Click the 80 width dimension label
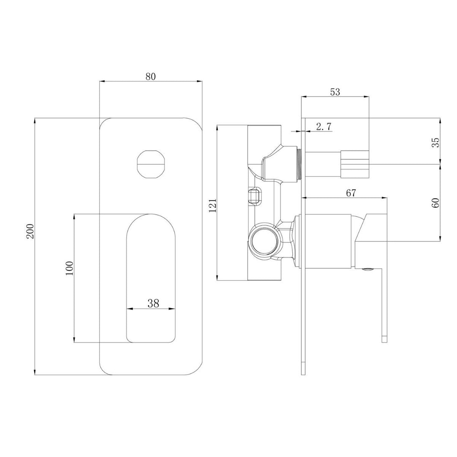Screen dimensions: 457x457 (x=151, y=77)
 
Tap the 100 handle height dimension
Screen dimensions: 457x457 (x=70, y=268)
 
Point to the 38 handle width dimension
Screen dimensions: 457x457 (x=153, y=303)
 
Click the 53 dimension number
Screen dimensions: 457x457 (x=335, y=92)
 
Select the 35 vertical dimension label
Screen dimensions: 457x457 (x=436, y=142)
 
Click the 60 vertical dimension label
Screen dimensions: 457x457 (x=436, y=202)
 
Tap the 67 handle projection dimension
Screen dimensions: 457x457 (x=351, y=193)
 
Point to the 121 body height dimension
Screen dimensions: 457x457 (x=213, y=205)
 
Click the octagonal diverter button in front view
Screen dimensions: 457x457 (x=151, y=163)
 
